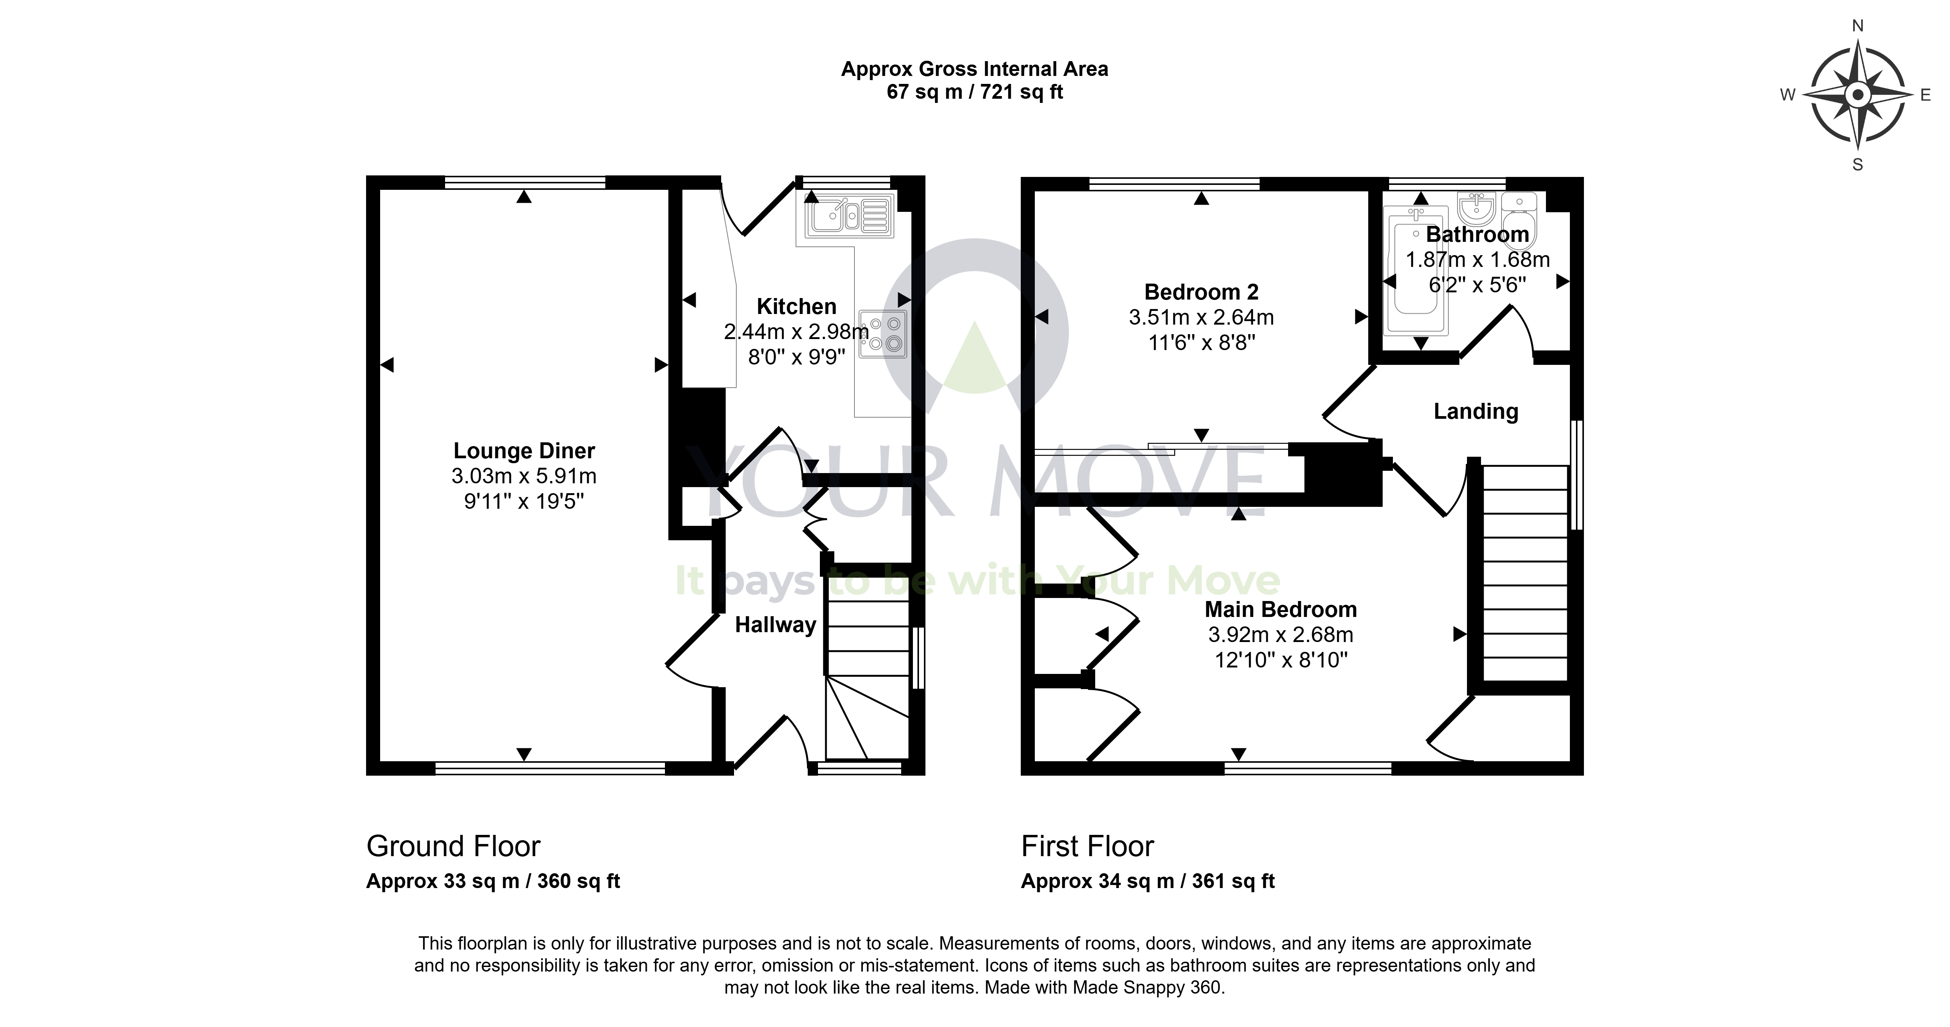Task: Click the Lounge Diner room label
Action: [524, 451]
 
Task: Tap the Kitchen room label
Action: [796, 306]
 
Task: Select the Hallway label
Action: [775, 625]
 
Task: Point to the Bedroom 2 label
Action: [1202, 292]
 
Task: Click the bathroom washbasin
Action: [1476, 207]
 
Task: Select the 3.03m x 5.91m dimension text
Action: [524, 476]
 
